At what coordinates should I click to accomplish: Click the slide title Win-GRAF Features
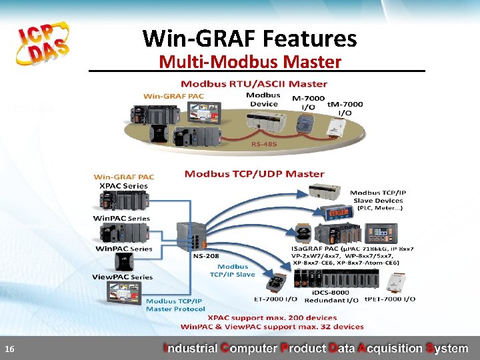coord(249,38)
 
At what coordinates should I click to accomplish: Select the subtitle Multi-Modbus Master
coord(250,62)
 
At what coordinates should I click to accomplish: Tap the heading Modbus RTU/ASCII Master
coord(254,84)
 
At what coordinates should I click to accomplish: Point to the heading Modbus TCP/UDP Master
coord(254,174)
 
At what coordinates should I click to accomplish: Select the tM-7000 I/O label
coord(345,108)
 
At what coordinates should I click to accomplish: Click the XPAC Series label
coord(123,185)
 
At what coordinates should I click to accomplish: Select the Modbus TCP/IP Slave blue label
coord(232,270)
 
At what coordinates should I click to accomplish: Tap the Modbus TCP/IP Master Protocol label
coord(175,305)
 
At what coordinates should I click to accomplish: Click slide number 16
coord(9,349)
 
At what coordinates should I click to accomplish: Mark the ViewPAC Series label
coord(122,277)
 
